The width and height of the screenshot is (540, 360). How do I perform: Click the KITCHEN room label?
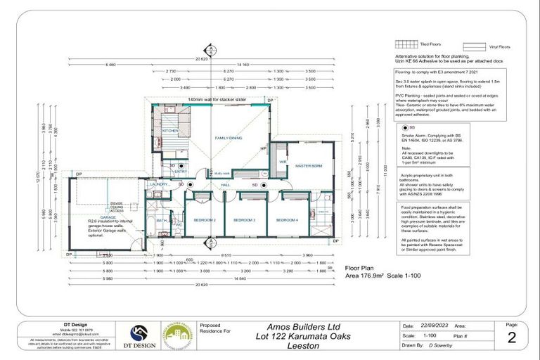click(x=171, y=131)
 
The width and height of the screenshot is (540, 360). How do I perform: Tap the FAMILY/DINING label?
click(x=229, y=139)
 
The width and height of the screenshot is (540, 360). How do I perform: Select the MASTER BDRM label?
click(x=308, y=166)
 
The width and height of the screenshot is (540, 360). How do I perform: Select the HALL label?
click(x=226, y=185)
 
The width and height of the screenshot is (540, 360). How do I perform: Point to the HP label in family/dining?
click(x=263, y=148)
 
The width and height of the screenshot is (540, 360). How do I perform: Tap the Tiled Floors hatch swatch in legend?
click(x=406, y=44)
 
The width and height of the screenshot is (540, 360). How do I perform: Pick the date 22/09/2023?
click(x=433, y=326)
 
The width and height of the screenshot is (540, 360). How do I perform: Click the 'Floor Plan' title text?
click(x=359, y=268)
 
